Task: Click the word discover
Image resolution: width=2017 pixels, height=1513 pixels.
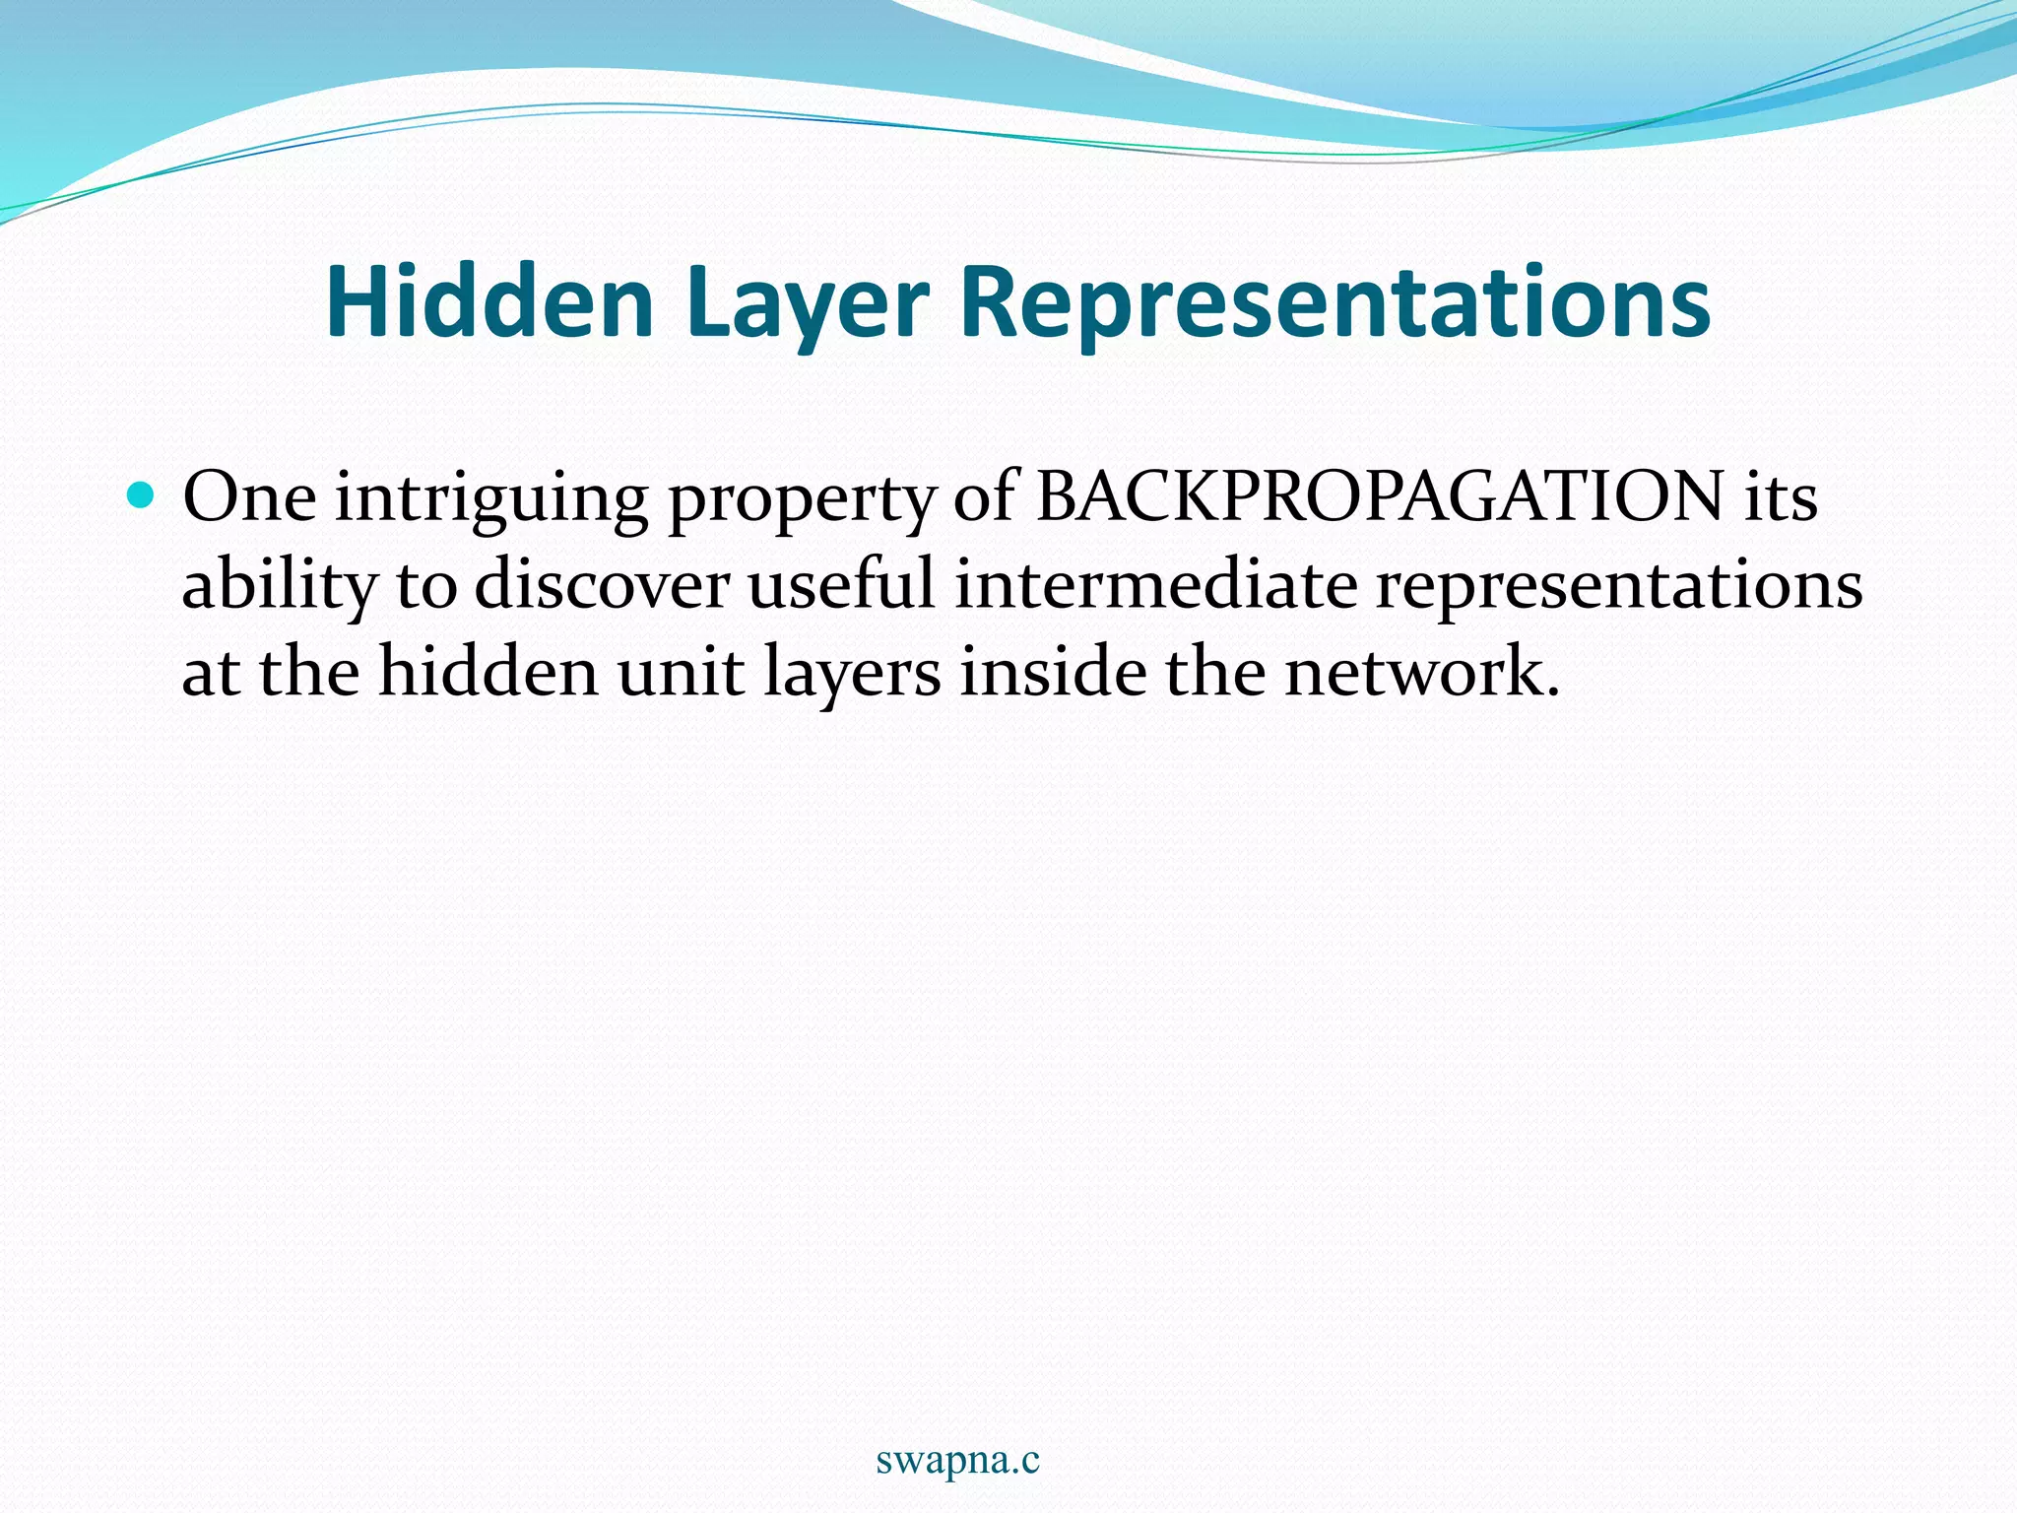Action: [x=602, y=584]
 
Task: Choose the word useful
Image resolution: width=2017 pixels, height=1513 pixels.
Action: [x=841, y=584]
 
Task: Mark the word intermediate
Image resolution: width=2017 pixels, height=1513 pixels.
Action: [x=1155, y=584]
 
